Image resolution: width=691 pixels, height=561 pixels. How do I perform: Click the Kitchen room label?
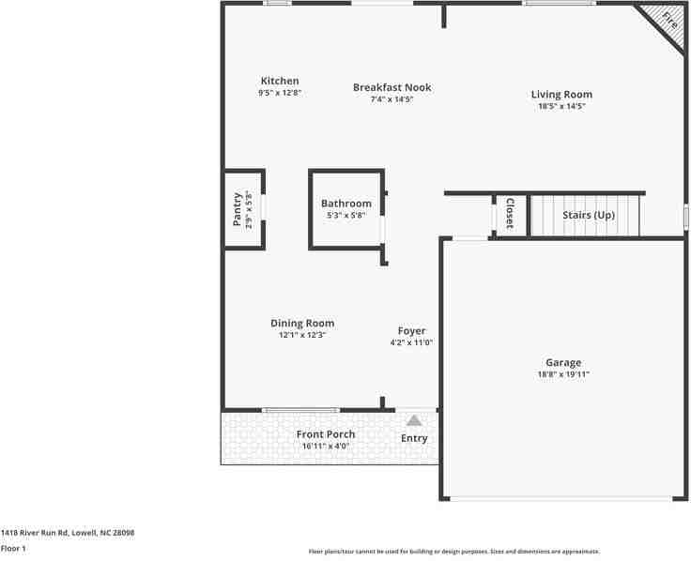(280, 82)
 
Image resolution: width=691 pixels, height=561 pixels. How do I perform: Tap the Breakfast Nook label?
(392, 87)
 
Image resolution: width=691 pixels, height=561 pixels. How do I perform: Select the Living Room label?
(561, 94)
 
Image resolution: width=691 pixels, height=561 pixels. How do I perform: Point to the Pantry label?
(237, 209)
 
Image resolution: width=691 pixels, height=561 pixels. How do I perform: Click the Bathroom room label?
(345, 204)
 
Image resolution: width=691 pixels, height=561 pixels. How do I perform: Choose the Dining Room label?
(302, 324)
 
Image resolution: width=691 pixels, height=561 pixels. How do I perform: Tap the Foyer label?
(411, 331)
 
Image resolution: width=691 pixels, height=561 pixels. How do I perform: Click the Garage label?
(563, 362)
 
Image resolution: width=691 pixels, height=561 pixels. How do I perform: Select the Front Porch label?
(326, 434)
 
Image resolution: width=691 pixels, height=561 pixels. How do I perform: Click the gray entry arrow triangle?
(414, 420)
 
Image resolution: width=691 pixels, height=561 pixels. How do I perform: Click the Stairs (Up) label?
(589, 215)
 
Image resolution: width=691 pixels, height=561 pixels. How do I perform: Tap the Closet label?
(509, 214)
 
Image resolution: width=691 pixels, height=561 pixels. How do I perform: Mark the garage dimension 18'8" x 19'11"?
(563, 374)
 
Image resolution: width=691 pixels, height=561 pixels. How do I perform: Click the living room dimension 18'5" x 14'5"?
(561, 106)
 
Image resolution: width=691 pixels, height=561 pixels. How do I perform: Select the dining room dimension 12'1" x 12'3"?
(302, 335)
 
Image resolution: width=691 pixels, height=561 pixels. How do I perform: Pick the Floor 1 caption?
(13, 548)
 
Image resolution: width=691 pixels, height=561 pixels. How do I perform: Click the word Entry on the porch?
(414, 438)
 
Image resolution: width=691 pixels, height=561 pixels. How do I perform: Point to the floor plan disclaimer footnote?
(454, 552)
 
